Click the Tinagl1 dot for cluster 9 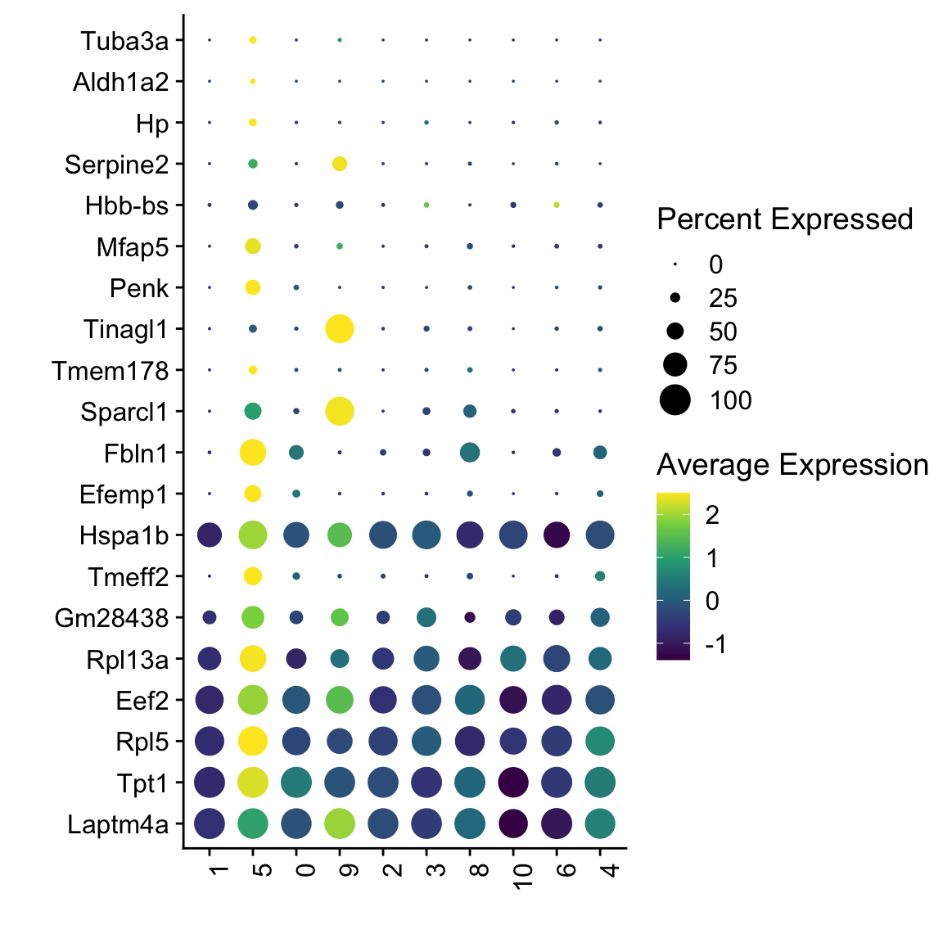pyautogui.click(x=340, y=329)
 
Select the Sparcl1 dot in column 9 pyautogui.click(x=340, y=411)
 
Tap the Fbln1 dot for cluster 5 pyautogui.click(x=253, y=452)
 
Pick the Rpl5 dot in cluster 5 pyautogui.click(x=253, y=741)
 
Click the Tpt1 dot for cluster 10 pyautogui.click(x=513, y=783)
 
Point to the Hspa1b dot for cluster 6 pyautogui.click(x=557, y=535)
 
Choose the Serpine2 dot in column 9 pyautogui.click(x=340, y=164)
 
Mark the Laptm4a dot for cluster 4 pyautogui.click(x=600, y=823)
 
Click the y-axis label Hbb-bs pyautogui.click(x=127, y=205)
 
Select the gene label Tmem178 pyautogui.click(x=111, y=371)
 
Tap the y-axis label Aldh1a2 pyautogui.click(x=120, y=82)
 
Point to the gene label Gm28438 pyautogui.click(x=111, y=618)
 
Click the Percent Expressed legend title pyautogui.click(x=784, y=219)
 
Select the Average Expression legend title pyautogui.click(x=792, y=465)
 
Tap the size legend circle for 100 pyautogui.click(x=675, y=400)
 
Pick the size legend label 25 pyautogui.click(x=723, y=298)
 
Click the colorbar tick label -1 pyautogui.click(x=715, y=645)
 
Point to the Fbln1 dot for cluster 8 pyautogui.click(x=470, y=452)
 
